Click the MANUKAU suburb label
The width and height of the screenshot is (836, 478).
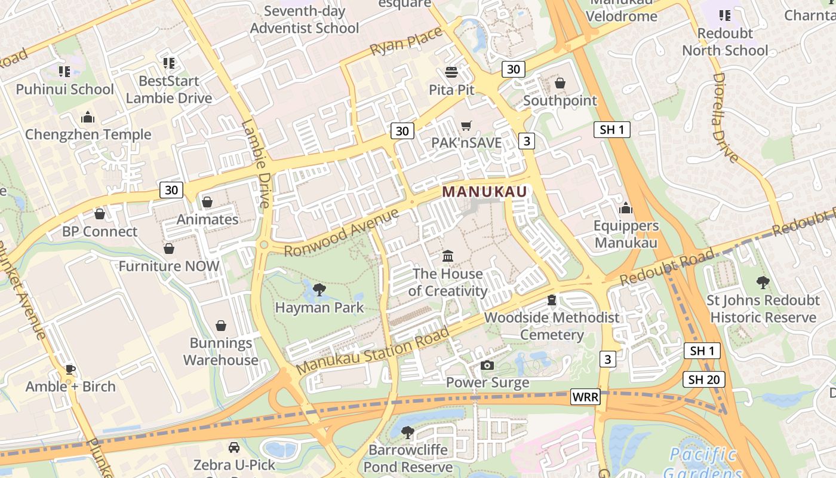click(485, 192)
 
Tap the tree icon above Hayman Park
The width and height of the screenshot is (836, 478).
click(319, 290)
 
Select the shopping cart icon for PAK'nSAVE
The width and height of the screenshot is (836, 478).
click(466, 125)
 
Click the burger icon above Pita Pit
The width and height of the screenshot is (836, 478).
click(451, 72)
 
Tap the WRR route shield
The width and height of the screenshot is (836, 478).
click(585, 397)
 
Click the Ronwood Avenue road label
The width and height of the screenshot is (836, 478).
click(341, 233)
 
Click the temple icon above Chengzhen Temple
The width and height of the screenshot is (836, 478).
click(88, 117)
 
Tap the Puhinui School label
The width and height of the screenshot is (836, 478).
click(64, 90)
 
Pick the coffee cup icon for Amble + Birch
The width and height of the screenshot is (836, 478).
click(70, 369)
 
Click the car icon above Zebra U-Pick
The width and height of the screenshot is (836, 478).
click(234, 447)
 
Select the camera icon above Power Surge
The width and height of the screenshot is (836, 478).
click(487, 365)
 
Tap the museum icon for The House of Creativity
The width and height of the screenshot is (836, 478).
click(448, 256)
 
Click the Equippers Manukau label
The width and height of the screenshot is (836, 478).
click(626, 234)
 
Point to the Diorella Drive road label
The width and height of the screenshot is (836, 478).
click(726, 118)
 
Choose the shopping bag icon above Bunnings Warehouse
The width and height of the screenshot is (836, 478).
click(221, 326)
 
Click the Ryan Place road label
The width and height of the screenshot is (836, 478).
click(406, 44)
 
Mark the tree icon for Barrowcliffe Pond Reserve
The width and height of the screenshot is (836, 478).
click(408, 432)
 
